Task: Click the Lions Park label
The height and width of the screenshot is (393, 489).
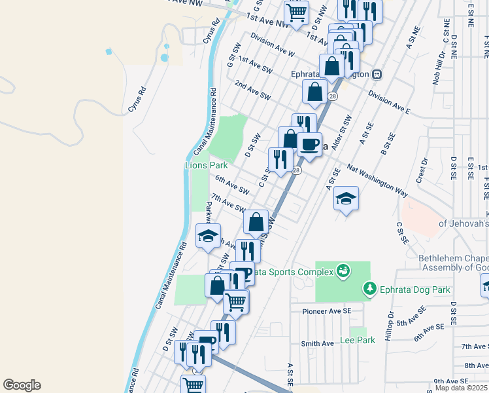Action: point(205,165)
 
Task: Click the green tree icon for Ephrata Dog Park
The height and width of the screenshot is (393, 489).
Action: point(370,288)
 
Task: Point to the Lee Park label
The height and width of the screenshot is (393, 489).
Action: point(358,340)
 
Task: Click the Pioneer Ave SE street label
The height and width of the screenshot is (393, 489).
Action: point(327,312)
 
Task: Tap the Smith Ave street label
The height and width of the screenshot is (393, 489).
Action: point(318,343)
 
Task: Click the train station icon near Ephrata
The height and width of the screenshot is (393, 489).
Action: point(377,75)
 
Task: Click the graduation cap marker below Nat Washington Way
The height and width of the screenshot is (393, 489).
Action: point(346,198)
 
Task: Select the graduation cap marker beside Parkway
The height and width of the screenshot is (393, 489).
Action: point(209,236)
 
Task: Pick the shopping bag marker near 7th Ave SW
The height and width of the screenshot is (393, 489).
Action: point(256,221)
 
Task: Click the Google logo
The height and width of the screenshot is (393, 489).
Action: point(22,385)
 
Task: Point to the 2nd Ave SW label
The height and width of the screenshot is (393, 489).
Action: point(252,91)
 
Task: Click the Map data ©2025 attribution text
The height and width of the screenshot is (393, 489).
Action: point(462,388)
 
